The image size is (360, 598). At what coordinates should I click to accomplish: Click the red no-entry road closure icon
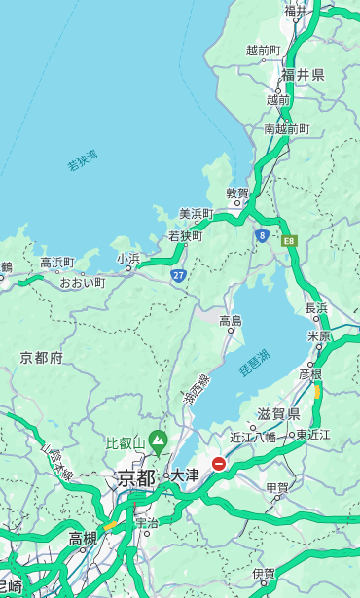tap(220, 464)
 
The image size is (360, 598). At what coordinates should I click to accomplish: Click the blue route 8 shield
tap(262, 234)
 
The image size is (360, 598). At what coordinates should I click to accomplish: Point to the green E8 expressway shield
tap(289, 239)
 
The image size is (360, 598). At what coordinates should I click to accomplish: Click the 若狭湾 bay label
tap(83, 160)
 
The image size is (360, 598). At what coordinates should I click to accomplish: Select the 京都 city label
tap(136, 477)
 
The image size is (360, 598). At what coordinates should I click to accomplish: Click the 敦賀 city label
tap(237, 193)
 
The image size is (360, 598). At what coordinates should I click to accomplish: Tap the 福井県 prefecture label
tap(303, 75)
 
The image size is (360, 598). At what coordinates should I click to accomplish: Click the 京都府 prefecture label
tap(42, 358)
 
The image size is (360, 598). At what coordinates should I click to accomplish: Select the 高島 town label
tap(231, 320)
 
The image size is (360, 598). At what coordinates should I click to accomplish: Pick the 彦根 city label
tap(310, 373)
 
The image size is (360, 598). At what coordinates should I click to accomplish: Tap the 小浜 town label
tap(127, 258)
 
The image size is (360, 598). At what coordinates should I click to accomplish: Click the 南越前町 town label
tap(286, 128)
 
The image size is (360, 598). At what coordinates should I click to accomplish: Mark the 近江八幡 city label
tap(253, 437)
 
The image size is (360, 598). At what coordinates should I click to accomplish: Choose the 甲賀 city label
tap(277, 488)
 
